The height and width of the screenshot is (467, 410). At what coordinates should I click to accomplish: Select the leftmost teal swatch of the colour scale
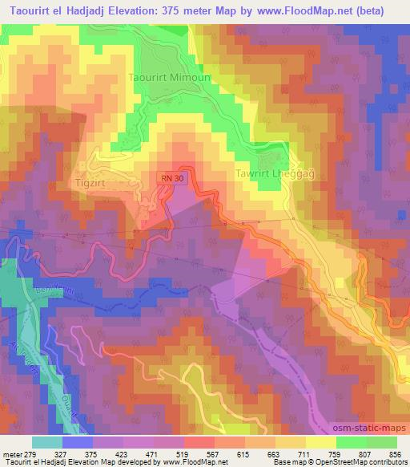click(x=47, y=442)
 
